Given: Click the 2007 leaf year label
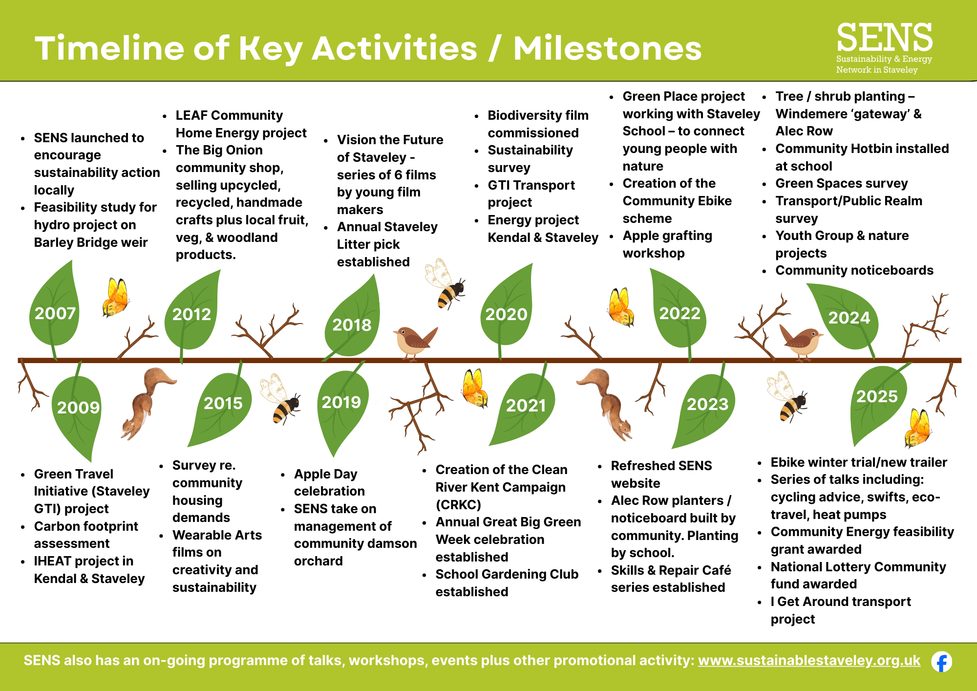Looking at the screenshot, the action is point(55,313).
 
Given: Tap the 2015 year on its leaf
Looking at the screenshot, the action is point(223,403).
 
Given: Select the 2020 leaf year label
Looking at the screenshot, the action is point(506,314).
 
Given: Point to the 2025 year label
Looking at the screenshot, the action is point(877,396).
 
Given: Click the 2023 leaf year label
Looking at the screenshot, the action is point(707,404).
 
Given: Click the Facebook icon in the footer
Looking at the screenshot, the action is point(941,662).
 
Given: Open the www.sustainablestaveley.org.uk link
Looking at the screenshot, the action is point(809,661).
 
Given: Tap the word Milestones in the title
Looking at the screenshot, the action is point(607,48).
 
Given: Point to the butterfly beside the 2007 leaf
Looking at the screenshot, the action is point(115,297).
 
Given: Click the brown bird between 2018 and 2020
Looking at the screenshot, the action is point(415,341).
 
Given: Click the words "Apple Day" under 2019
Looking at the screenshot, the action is point(325,474).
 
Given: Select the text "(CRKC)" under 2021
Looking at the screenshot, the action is point(458,504).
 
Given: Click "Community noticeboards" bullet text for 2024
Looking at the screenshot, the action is point(854,270).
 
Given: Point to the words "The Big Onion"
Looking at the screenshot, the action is point(219,150).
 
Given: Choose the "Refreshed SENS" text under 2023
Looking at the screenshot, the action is point(661,466).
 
